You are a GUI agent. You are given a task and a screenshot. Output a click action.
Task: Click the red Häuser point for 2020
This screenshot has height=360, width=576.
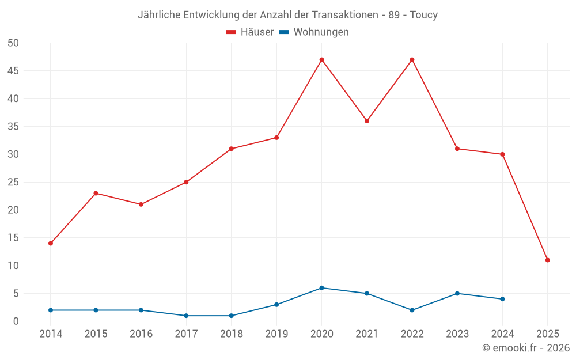pyautogui.click(x=321, y=60)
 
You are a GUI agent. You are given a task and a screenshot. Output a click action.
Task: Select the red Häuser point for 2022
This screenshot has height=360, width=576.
pyautogui.click(x=412, y=60)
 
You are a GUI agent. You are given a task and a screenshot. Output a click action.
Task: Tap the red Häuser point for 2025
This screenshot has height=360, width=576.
pyautogui.click(x=547, y=260)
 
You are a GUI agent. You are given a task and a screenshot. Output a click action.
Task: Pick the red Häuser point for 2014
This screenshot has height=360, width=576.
pyautogui.click(x=51, y=244)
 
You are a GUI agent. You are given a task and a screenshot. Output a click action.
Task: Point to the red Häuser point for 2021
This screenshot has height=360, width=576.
pyautogui.click(x=367, y=121)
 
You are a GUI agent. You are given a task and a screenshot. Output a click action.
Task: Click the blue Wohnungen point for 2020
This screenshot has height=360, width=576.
pyautogui.click(x=321, y=288)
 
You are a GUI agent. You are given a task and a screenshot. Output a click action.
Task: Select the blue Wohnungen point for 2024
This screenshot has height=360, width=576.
pyautogui.click(x=502, y=299)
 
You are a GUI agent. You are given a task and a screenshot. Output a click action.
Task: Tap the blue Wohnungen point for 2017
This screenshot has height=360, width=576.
pyautogui.click(x=186, y=316)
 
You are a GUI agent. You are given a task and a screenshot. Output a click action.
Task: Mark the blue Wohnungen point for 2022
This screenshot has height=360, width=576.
pyautogui.click(x=412, y=310)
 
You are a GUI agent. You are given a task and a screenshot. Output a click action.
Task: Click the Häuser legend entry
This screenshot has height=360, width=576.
pyautogui.click(x=250, y=32)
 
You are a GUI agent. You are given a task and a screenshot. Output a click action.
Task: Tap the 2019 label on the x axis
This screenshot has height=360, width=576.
pyautogui.click(x=276, y=334)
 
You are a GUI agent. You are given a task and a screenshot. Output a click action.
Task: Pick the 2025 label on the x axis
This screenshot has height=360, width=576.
pyautogui.click(x=547, y=334)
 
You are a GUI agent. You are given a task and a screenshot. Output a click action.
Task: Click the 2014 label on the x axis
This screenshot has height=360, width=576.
pyautogui.click(x=51, y=334)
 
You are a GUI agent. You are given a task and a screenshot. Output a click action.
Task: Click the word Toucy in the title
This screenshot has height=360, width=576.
pyautogui.click(x=423, y=15)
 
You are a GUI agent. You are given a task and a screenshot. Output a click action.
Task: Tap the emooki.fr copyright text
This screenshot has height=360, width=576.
pyautogui.click(x=526, y=348)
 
